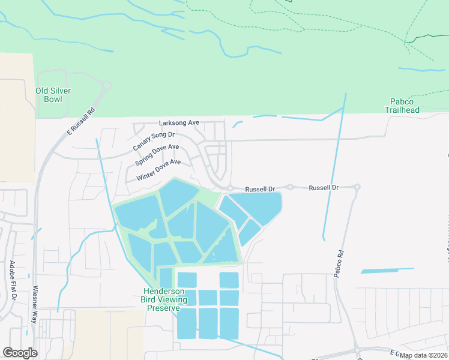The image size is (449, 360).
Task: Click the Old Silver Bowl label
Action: point(53,95)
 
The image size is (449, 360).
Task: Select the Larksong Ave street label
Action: point(179,122)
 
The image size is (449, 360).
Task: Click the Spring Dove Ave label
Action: point(157,155)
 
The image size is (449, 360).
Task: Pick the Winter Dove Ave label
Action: point(158,170)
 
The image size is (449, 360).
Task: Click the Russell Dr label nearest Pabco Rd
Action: point(324,188)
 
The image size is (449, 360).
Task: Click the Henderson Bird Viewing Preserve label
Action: point(164,299)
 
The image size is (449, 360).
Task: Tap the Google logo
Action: point(20,353)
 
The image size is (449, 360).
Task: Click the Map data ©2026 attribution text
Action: point(423,355)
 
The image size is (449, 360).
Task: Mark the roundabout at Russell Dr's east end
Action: point(357,187)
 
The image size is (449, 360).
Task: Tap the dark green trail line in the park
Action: point(426,37)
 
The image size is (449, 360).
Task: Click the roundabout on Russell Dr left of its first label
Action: point(230,188)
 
